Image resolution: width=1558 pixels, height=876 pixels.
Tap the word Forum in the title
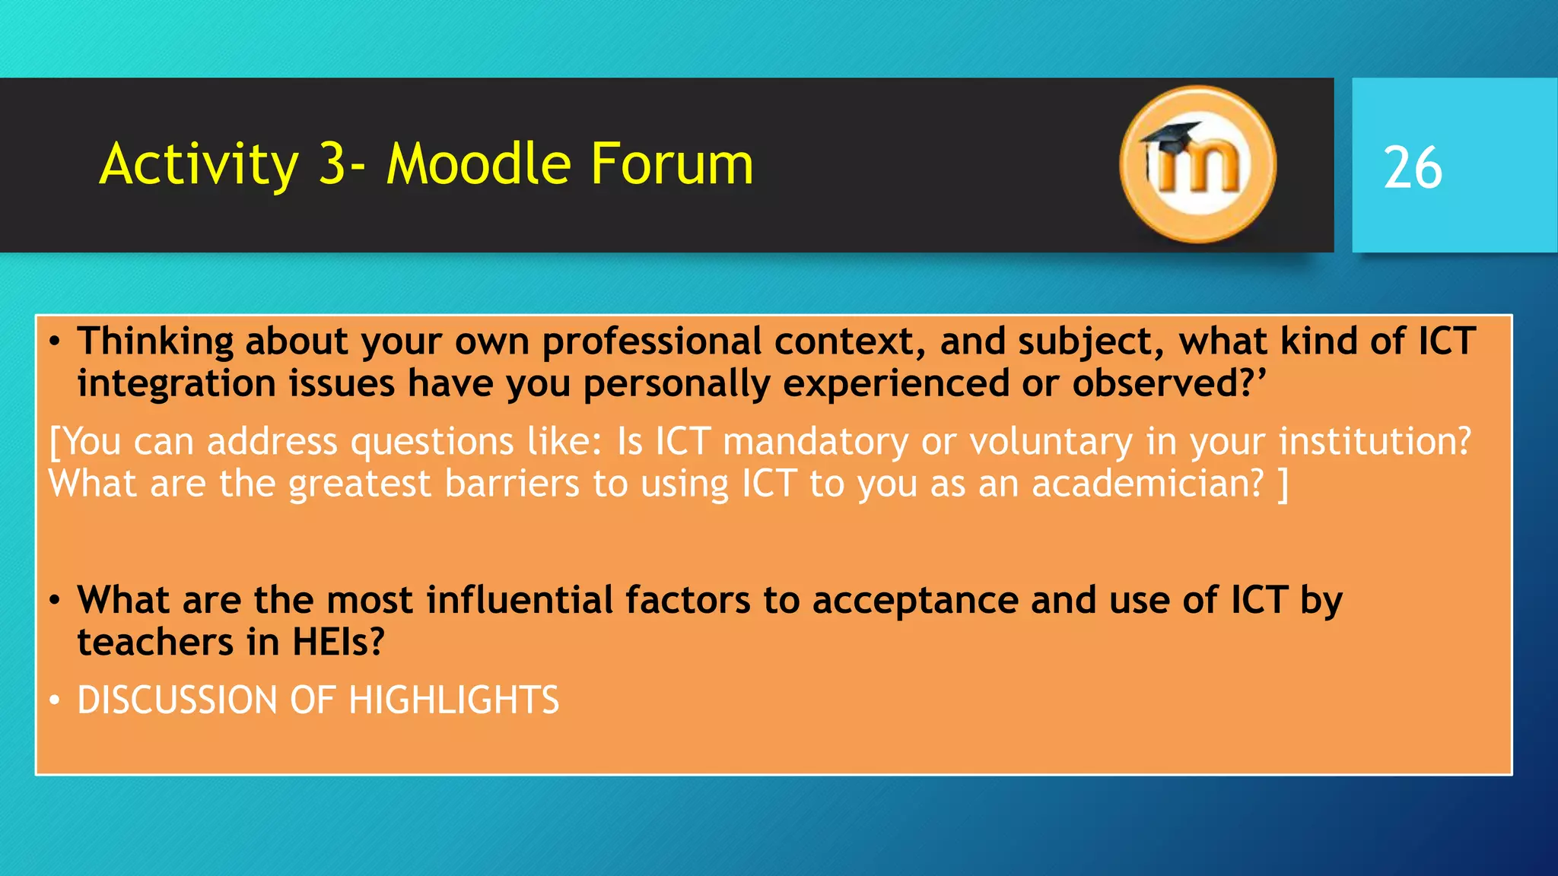(672, 164)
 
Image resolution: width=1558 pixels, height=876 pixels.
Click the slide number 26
(1412, 168)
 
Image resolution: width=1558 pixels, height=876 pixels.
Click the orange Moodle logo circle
(1197, 165)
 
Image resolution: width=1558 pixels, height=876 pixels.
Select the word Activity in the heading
(199, 164)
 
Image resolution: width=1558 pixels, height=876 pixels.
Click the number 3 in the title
(332, 164)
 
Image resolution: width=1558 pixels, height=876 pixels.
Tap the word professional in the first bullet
(652, 341)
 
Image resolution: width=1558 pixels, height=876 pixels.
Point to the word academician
(1147, 484)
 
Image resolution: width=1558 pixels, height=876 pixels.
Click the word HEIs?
(339, 642)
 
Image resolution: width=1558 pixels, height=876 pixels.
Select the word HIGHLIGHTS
(453, 700)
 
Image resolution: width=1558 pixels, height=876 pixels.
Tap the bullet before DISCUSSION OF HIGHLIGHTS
(55, 700)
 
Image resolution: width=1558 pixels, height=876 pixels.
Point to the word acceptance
(915, 600)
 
